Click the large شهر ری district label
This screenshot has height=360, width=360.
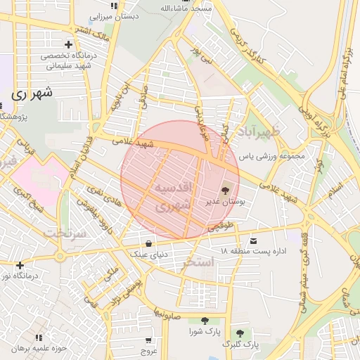click(32, 92)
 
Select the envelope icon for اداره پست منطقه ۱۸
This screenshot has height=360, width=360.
click(253, 240)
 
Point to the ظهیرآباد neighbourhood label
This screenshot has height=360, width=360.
click(258, 131)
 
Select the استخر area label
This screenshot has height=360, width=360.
click(198, 263)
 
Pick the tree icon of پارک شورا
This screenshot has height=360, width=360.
click(205, 321)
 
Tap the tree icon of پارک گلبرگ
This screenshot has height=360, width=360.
click(240, 333)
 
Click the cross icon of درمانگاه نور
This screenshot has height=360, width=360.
click(20, 265)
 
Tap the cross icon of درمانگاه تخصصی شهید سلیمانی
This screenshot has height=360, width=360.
click(67, 44)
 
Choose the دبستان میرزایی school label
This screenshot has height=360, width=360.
click(115, 15)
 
